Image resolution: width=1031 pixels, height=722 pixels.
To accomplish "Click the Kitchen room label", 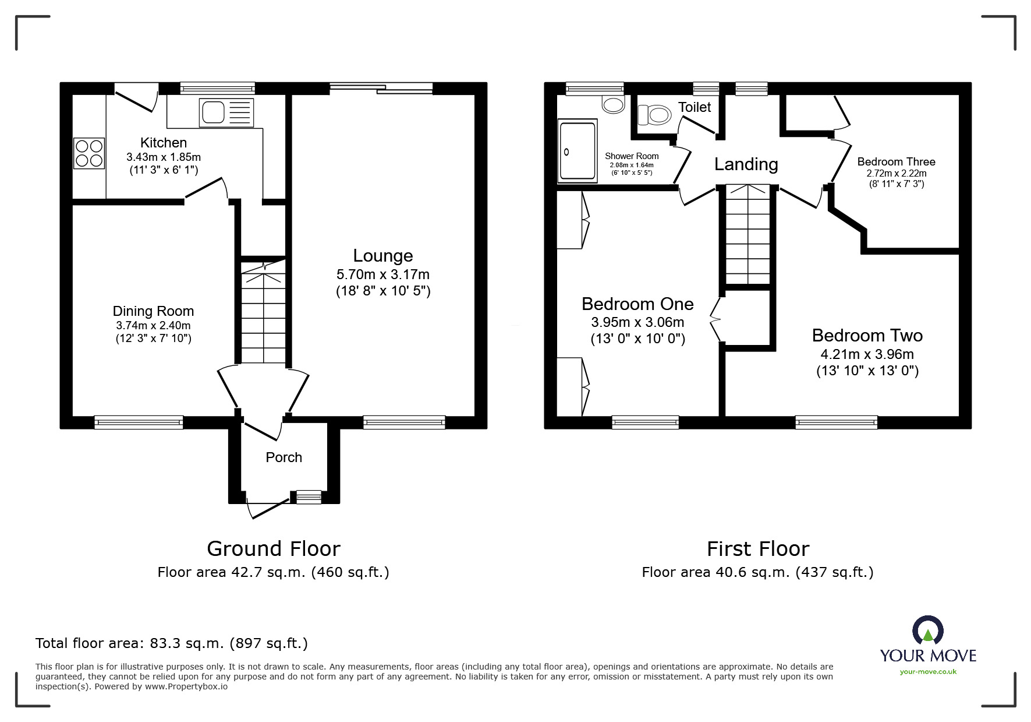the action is (x=164, y=143).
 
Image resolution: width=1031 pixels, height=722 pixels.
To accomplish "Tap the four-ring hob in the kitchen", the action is (x=89, y=153).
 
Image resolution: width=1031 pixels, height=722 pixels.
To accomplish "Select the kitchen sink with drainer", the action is (x=226, y=112).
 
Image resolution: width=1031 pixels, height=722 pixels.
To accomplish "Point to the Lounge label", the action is (x=383, y=256).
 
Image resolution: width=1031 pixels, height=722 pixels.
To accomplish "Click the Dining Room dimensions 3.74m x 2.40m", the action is (x=153, y=326).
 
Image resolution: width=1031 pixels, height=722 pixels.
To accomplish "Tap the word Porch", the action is (x=284, y=457).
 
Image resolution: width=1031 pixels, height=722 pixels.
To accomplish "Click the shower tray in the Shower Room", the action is (x=577, y=151).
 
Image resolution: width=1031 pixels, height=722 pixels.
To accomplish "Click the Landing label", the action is (x=746, y=165).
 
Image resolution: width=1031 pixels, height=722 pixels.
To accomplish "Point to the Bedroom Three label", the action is (x=897, y=162).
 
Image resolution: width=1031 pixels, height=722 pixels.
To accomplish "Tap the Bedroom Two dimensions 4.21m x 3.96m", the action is (x=867, y=354).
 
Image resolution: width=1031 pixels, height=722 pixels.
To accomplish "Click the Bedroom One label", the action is (x=637, y=304).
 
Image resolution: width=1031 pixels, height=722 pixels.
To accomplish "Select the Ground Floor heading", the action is (x=274, y=549).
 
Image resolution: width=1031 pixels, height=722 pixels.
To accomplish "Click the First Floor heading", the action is (x=758, y=549).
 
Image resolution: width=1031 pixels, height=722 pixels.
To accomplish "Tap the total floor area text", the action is (x=172, y=643).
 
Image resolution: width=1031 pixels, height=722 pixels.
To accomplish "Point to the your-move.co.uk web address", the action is (x=928, y=672).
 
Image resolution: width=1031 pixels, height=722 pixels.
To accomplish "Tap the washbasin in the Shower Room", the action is (x=613, y=104).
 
